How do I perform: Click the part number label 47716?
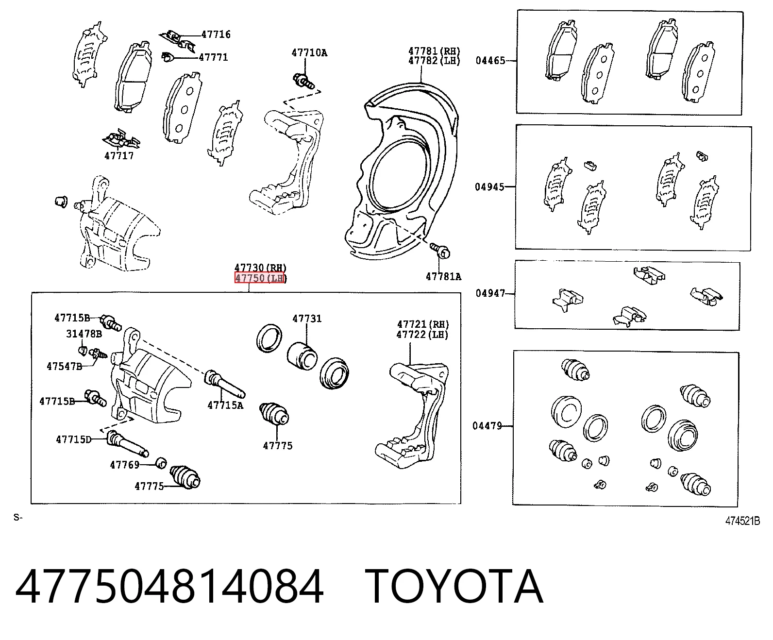click(216, 34)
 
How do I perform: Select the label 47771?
click(213, 57)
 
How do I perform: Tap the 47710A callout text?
click(309, 53)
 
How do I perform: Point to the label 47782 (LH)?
click(434, 61)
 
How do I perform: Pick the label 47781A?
click(443, 277)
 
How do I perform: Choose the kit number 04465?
click(490, 60)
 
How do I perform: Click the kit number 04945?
click(490, 187)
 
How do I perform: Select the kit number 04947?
click(490, 293)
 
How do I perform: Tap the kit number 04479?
click(487, 426)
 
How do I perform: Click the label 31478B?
click(84, 334)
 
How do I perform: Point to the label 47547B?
click(65, 367)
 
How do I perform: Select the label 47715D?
click(74, 439)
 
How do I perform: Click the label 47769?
click(125, 465)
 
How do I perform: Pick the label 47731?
click(307, 319)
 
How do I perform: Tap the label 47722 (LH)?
click(422, 335)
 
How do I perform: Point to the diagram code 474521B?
click(742, 521)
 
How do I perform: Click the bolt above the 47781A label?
click(440, 251)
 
